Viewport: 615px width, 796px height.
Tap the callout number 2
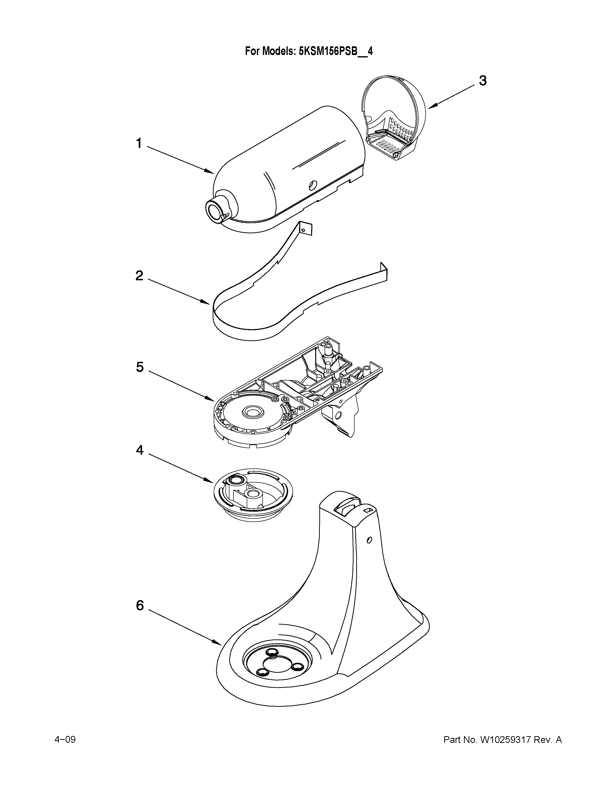(139, 276)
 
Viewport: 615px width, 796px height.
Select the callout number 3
(483, 81)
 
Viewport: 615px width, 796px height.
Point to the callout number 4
(140, 451)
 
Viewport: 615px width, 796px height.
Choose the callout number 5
(140, 367)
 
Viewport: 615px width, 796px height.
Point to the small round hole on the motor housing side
(312, 186)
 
